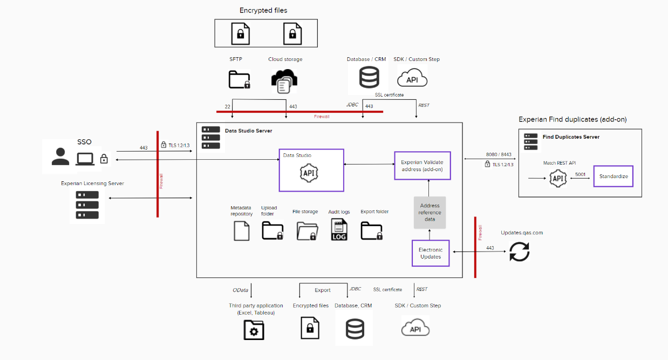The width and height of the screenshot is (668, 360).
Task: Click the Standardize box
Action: [613, 176]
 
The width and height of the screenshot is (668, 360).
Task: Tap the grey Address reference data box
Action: [430, 213]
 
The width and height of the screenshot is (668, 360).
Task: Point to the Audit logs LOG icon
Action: [338, 230]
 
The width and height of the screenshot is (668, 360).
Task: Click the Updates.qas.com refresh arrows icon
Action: [520, 252]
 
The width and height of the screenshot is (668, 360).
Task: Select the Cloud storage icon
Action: [284, 80]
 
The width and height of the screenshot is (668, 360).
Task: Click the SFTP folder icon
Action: [240, 79]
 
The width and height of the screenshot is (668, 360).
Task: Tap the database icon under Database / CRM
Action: [369, 77]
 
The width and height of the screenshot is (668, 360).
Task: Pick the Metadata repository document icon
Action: [241, 230]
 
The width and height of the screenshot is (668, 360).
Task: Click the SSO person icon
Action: [60, 157]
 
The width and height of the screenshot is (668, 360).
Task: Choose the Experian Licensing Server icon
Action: [87, 205]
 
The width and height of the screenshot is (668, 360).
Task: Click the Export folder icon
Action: [372, 231]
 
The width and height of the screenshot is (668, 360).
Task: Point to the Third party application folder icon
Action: [254, 329]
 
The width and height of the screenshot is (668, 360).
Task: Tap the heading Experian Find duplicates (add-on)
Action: [572, 119]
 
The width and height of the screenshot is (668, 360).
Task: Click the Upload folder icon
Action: [272, 231]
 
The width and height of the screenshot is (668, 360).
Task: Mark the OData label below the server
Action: [241, 290]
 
